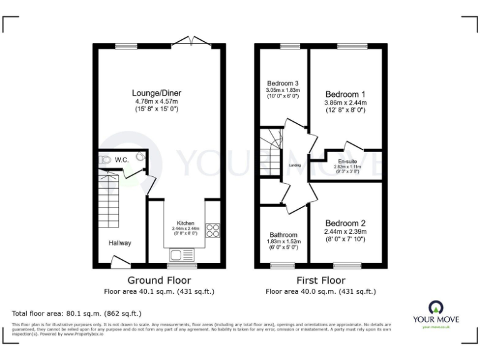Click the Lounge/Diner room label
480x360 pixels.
[157, 93]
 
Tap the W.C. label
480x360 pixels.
[121, 160]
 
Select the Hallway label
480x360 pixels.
[120, 242]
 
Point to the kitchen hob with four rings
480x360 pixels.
[212, 231]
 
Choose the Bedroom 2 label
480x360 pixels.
[345, 223]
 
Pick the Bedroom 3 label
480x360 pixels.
[282, 83]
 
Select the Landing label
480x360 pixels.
[294, 166]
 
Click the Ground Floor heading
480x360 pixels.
[159, 280]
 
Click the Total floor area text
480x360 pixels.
[77, 313]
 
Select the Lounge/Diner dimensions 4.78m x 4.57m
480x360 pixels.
[157, 101]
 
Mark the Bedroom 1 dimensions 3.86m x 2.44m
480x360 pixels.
[345, 102]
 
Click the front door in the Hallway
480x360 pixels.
[119, 262]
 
